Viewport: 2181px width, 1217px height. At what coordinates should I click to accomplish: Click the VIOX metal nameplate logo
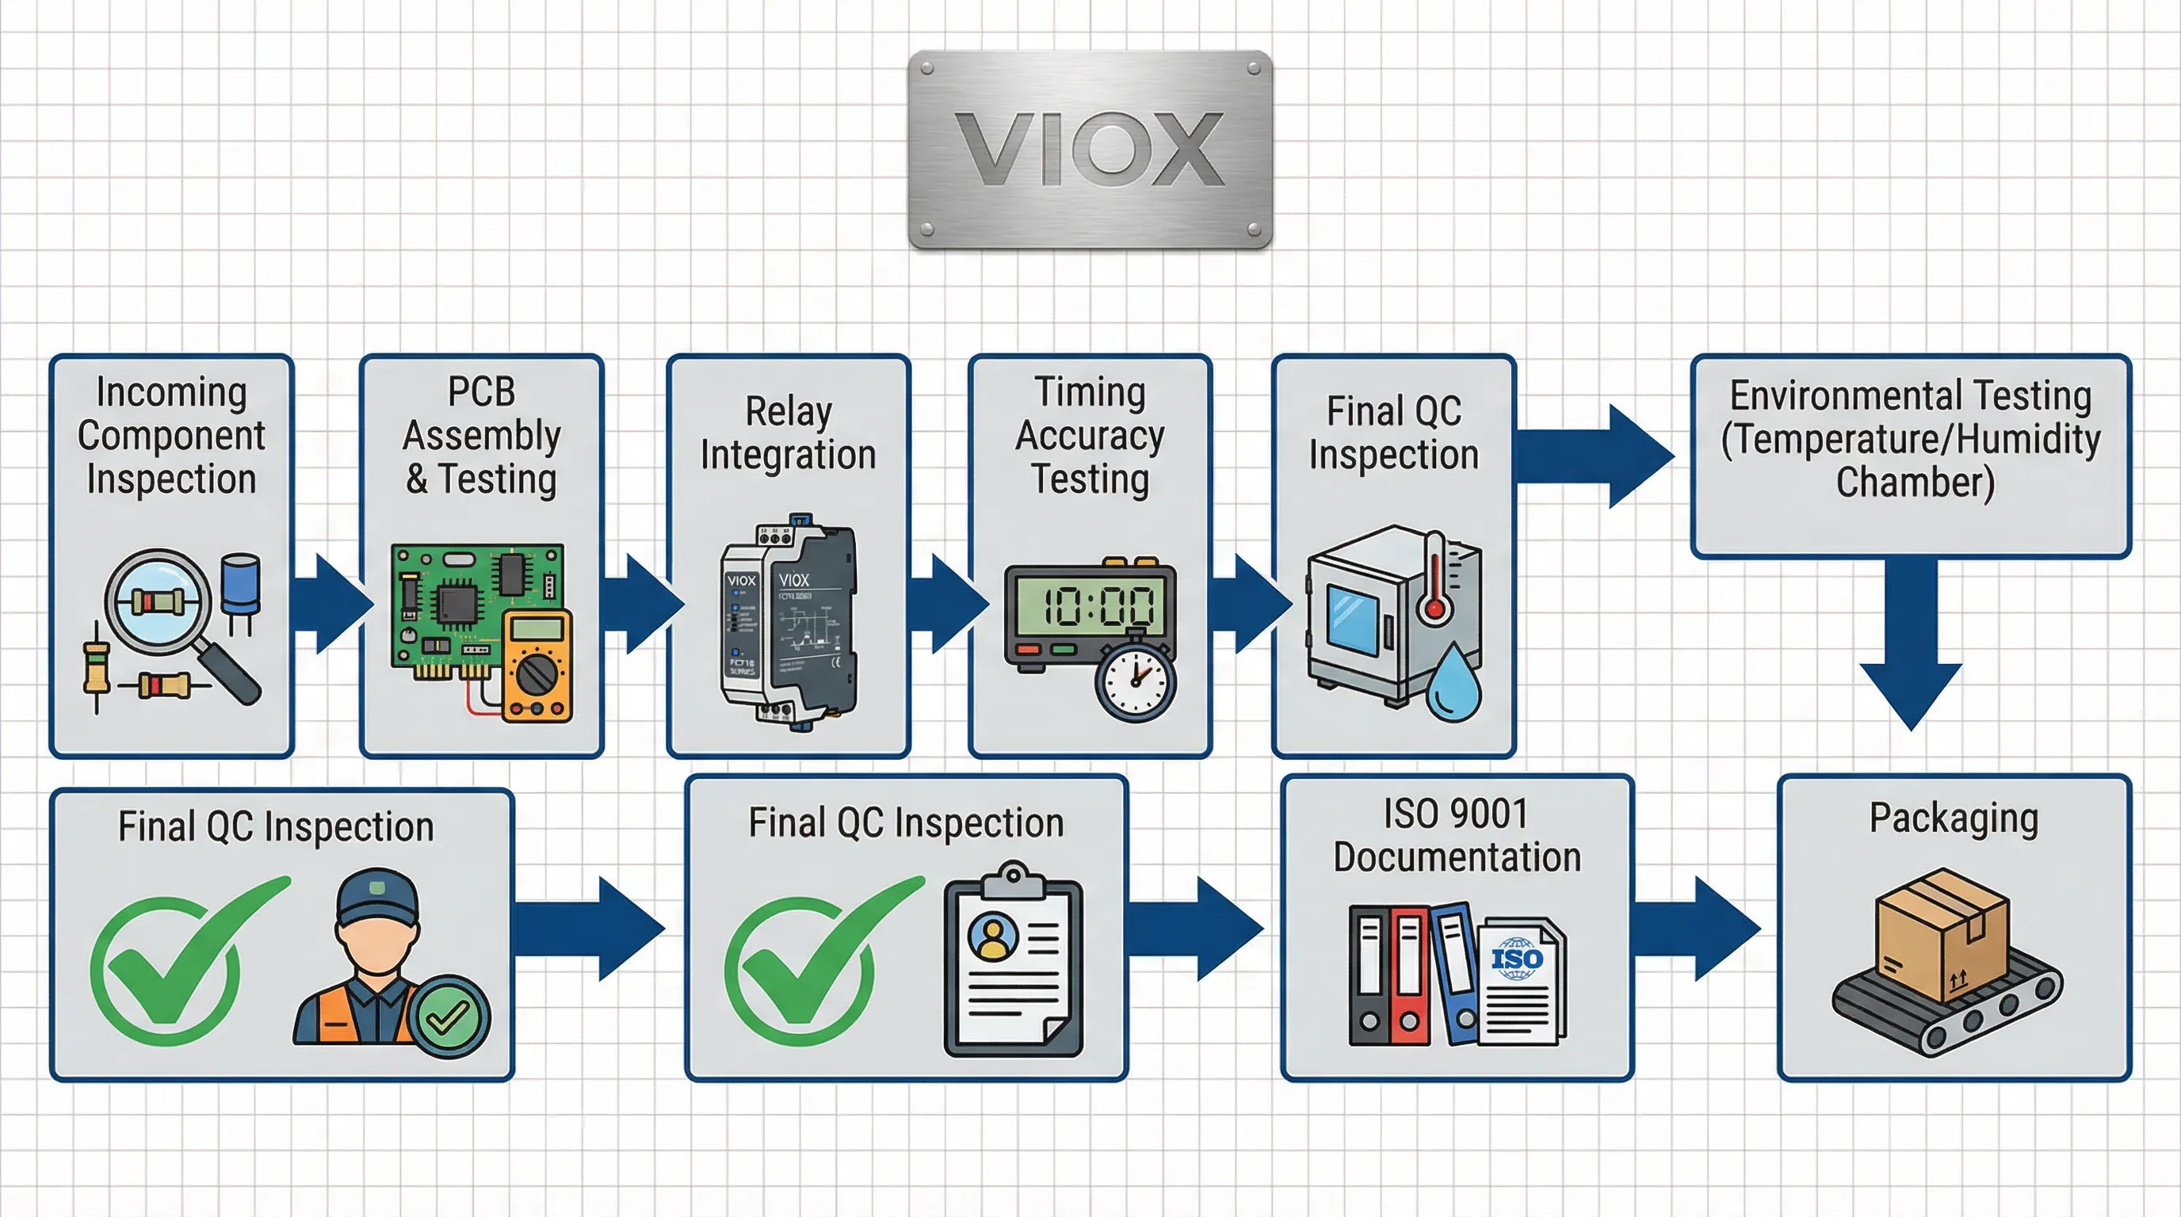[1090, 149]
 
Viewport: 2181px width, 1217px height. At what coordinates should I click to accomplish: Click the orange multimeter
[537, 666]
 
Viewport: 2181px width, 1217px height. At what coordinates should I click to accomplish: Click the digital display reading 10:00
[1090, 605]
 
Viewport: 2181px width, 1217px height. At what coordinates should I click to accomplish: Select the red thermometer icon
[1434, 580]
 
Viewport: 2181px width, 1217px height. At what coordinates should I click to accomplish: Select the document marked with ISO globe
[1521, 982]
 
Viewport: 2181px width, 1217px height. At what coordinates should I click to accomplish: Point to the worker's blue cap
[376, 897]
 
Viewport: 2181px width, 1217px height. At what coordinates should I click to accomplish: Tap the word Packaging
[1954, 818]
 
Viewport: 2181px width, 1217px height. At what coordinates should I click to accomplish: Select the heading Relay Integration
[789, 433]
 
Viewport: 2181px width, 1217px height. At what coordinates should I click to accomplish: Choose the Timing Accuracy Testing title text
[1090, 435]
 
